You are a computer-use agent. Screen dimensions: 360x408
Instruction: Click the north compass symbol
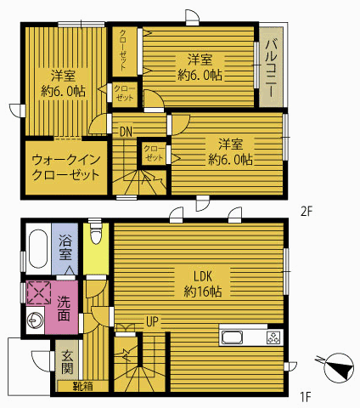[x=337, y=367]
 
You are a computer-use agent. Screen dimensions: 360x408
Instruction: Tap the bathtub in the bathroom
[x=38, y=248]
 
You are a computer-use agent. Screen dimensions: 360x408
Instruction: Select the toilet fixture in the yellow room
[x=96, y=234]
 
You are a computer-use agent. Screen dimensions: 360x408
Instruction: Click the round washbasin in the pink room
[x=35, y=320]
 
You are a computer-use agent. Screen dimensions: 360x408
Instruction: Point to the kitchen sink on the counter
[x=232, y=337]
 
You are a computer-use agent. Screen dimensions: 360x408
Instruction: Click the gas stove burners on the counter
[x=274, y=337]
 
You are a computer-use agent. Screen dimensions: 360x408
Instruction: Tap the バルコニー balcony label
[x=272, y=68]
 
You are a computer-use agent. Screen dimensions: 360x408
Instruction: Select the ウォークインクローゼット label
[x=66, y=167]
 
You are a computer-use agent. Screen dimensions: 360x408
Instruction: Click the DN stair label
[x=126, y=132]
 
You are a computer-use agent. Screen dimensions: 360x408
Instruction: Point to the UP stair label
[x=152, y=321]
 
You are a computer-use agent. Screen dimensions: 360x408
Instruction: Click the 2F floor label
[x=307, y=212]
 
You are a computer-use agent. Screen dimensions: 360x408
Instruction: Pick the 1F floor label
[x=306, y=397]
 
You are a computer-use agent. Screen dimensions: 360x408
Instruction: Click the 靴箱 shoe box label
[x=83, y=386]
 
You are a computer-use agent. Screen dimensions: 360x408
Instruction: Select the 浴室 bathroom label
[x=65, y=248]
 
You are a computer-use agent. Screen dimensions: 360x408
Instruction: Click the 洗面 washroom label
[x=64, y=309]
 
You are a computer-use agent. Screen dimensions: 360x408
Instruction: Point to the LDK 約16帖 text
[x=203, y=284]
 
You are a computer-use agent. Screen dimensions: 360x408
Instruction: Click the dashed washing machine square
[x=39, y=293]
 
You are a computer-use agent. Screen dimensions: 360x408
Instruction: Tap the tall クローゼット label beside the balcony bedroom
[x=123, y=50]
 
